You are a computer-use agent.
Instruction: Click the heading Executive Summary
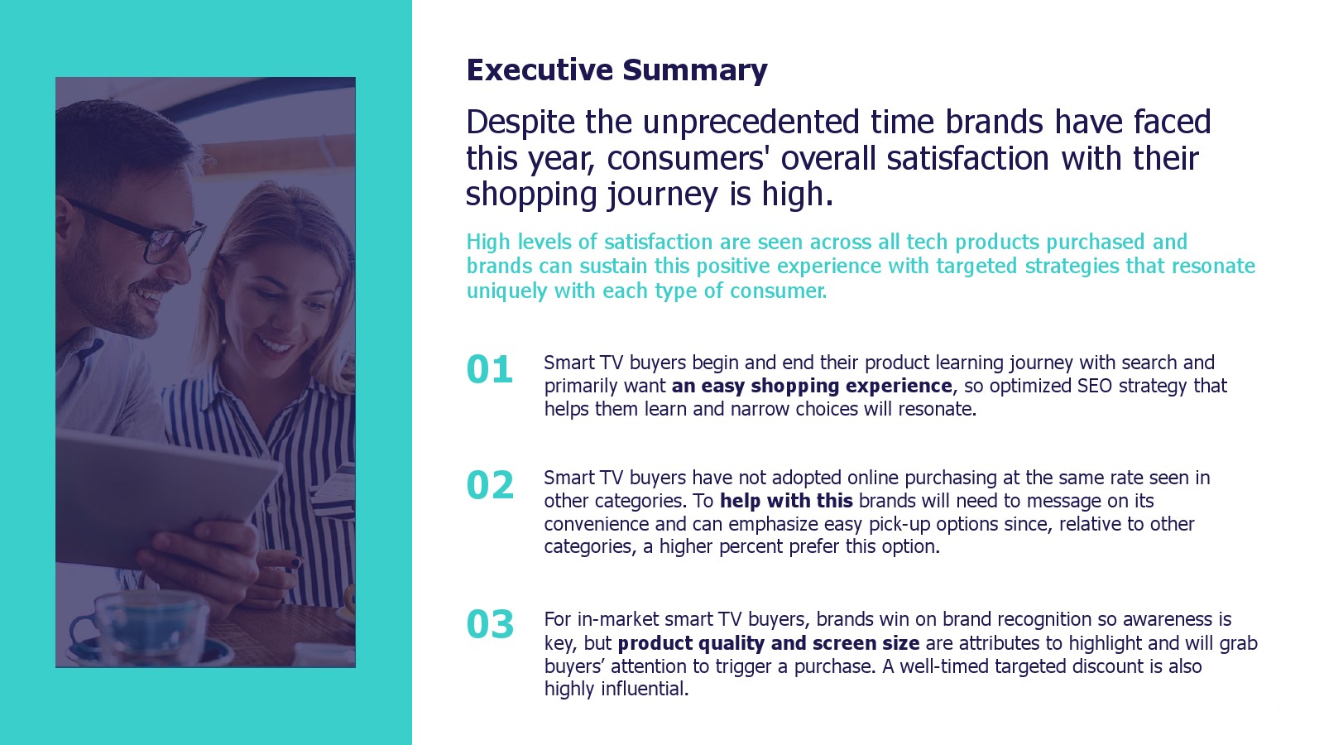coord(616,71)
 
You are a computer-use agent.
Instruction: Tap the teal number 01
coord(489,370)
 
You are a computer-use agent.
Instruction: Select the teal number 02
coord(490,485)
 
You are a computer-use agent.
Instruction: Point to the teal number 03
coord(490,625)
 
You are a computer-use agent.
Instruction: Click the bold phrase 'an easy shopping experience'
coord(812,386)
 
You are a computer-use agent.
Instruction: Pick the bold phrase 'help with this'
coord(786,502)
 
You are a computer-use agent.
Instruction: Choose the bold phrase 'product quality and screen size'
coord(769,643)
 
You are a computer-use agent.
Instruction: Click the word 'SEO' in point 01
coord(1096,386)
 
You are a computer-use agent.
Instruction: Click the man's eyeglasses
coord(142,232)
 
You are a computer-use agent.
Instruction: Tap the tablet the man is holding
coord(165,496)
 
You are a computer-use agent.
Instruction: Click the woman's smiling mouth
coord(275,344)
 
